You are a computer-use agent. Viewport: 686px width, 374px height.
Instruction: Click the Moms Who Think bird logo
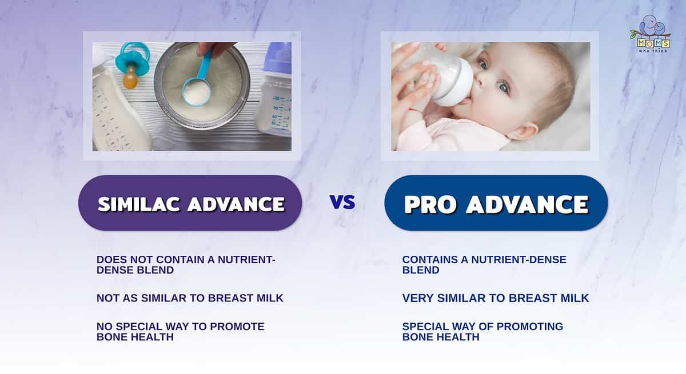pos(651,34)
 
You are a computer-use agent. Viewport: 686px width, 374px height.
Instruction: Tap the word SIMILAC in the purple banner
pos(139,204)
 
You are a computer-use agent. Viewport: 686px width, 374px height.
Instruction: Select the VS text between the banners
pos(342,202)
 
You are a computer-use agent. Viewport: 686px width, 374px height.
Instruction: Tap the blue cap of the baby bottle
pos(277,58)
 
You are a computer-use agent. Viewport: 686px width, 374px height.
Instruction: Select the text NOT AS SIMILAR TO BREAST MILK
pos(190,298)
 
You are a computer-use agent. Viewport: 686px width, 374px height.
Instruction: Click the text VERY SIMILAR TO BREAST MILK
pos(496,298)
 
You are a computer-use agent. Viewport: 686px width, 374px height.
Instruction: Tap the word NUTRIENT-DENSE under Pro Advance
pos(519,260)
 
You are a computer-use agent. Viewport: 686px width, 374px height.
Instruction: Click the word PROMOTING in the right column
pos(529,327)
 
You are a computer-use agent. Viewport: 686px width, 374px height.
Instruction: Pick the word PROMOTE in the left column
pos(237,327)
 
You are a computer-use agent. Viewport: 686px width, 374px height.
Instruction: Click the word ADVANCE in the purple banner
pos(236,204)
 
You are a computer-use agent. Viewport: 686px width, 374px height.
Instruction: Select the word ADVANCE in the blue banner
pos(527,204)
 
